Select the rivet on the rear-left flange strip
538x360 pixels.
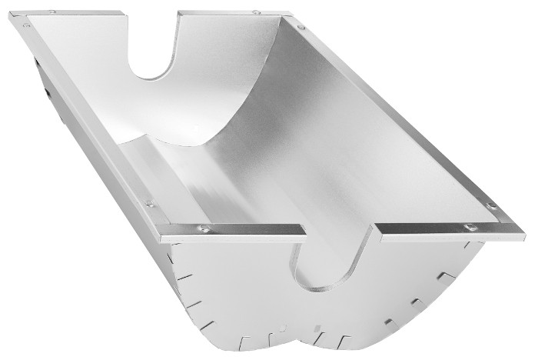(x=51, y=13)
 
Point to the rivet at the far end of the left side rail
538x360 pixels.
(x=28, y=25)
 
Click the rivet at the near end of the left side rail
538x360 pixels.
(x=151, y=205)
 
